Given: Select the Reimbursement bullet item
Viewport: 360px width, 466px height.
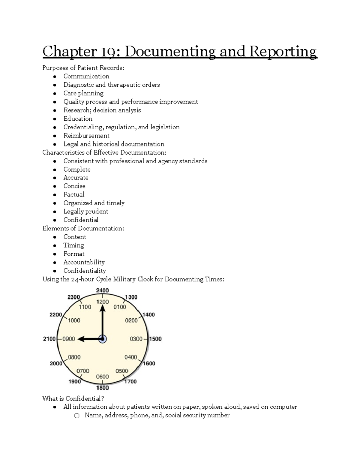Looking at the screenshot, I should tap(86, 136).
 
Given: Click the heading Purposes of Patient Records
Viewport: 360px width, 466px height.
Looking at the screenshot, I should tap(83, 68).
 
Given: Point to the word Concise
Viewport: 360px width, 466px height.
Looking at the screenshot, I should tap(74, 186).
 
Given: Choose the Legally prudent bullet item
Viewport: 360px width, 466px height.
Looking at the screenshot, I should tap(86, 212).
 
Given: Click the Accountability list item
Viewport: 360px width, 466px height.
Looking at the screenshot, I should tap(84, 262).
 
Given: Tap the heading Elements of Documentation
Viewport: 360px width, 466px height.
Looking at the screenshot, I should tap(83, 228).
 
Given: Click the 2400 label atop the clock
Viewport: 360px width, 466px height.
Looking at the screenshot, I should tap(102, 290).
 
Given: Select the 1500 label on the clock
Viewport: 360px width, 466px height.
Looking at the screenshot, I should tap(155, 339).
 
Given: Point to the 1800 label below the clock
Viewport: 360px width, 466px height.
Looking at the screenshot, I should tap(102, 388).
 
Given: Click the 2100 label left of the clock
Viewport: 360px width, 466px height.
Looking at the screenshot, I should tap(49, 339).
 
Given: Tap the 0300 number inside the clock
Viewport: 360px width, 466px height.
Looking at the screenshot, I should tap(136, 339).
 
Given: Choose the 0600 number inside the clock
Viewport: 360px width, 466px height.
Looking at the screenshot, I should tap(102, 377).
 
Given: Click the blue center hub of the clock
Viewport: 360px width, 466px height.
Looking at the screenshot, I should tap(103, 339).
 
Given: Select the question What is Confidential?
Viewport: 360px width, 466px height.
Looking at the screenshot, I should tap(73, 398).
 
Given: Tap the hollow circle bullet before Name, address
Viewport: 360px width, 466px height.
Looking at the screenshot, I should tap(77, 416).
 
